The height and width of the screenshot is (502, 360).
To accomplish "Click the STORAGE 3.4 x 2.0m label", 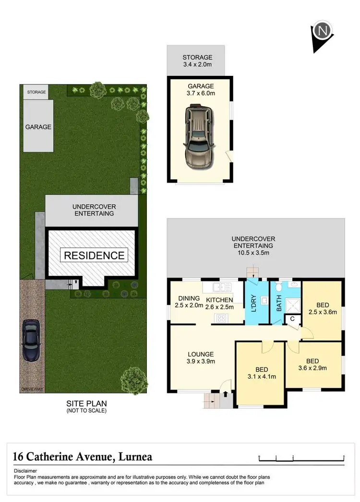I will click(197, 61).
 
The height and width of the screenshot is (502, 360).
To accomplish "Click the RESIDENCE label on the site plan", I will click(94, 256).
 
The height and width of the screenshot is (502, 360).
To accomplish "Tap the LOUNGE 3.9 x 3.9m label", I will click(201, 358).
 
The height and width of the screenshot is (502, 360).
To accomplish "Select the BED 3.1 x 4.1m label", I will click(262, 373).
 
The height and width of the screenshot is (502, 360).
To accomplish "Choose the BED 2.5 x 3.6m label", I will click(323, 308).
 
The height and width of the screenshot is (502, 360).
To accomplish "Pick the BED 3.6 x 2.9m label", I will click(312, 365).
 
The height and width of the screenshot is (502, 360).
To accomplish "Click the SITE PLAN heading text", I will click(86, 404).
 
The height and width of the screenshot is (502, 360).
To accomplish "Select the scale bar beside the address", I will click(301, 457).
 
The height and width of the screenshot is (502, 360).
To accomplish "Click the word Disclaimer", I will click(25, 470).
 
